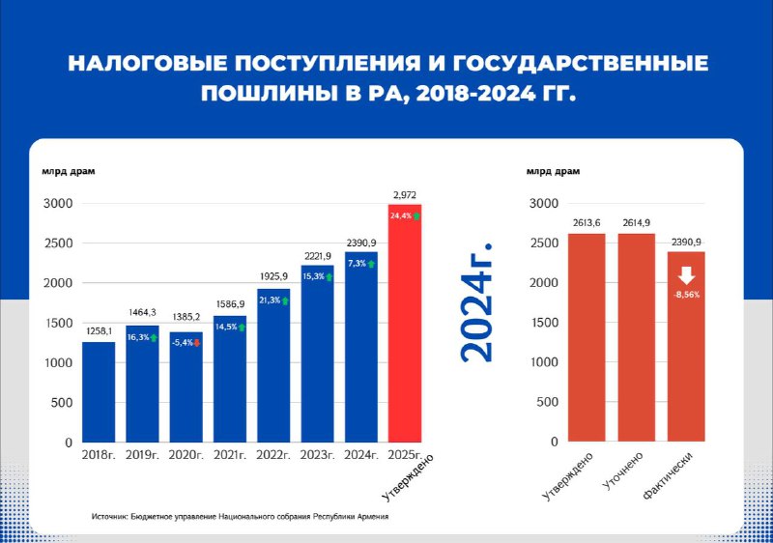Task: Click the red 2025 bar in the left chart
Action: pos(405,324)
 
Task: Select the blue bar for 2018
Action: pos(99,392)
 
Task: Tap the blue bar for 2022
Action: pos(273,365)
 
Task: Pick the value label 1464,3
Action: pos(142,312)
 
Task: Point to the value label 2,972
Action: pos(405,195)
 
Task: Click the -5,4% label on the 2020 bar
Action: pos(182,342)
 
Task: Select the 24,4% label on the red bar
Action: pos(401,215)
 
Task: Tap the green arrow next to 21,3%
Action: pos(285,300)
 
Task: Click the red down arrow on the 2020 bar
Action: pos(197,343)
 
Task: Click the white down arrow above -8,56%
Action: pos(686,276)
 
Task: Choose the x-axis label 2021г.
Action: pos(230,455)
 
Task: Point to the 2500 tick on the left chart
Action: pos(58,243)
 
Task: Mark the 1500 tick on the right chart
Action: pos(544,323)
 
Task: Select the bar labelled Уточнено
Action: pos(637,337)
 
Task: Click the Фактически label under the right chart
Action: pos(668,476)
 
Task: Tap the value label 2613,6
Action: pos(587,223)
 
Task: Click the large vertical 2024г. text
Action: pos(476,303)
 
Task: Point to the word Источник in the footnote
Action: pos(109,516)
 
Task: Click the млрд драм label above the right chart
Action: pos(553,171)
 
